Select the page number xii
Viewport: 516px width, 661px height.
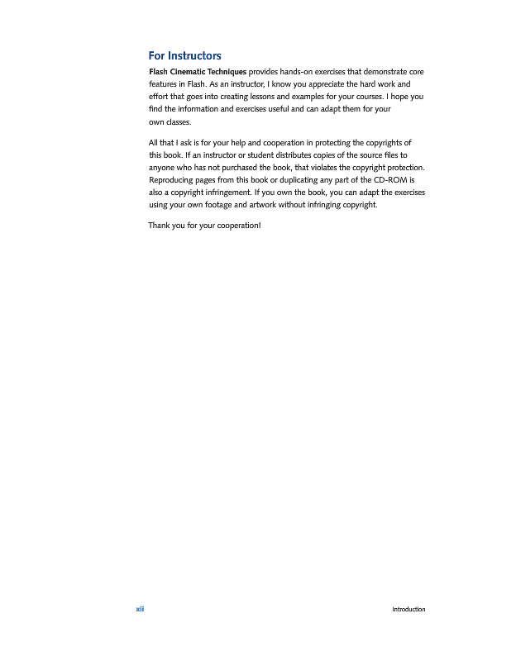tap(140, 609)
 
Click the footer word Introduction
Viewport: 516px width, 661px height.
tap(408, 609)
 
